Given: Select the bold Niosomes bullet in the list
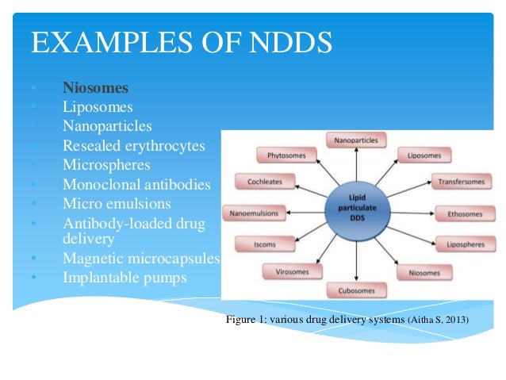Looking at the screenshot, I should pos(95,87).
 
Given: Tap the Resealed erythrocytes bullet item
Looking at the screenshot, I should pos(134,146).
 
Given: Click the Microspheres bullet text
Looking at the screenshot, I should pos(106,165).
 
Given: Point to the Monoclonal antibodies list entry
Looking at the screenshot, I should pos(137,185).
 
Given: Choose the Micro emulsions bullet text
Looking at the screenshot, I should pos(117,205).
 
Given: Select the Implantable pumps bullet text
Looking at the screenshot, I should pos(125,278).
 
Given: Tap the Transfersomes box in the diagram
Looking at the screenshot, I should pos(459,182).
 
